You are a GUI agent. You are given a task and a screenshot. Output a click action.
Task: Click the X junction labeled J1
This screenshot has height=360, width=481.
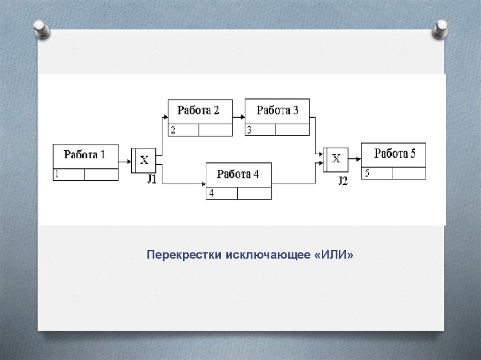(144, 161)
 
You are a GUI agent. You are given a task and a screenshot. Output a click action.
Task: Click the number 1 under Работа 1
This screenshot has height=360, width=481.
(56, 175)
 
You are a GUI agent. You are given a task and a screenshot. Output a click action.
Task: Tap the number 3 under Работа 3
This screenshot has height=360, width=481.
(249, 130)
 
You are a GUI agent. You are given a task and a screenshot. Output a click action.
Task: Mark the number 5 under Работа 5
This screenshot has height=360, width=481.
(366, 173)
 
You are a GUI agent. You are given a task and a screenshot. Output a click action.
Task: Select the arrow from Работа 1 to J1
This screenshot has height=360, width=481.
(124, 162)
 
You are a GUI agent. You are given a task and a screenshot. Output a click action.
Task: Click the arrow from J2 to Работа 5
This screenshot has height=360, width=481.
(355, 160)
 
